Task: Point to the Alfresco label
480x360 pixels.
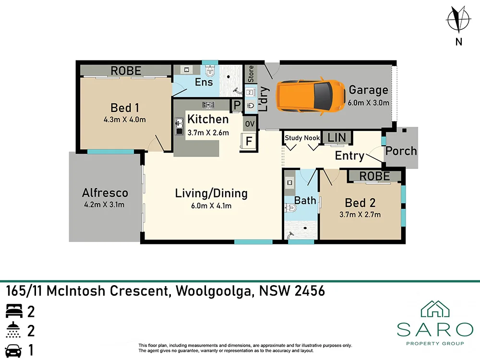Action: click(105, 193)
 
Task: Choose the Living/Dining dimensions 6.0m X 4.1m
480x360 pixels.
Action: click(211, 206)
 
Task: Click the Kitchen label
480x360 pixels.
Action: click(208, 119)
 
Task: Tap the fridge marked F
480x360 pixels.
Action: click(249, 142)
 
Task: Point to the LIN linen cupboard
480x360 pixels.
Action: click(336, 138)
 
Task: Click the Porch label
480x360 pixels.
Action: click(401, 151)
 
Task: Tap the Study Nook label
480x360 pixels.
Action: click(302, 138)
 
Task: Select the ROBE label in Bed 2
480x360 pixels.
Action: click(374, 176)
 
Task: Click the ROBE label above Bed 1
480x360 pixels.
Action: click(126, 71)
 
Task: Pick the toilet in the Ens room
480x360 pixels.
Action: click(210, 72)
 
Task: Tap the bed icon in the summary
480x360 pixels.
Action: click(14, 312)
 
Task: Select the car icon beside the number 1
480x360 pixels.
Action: click(14, 350)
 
